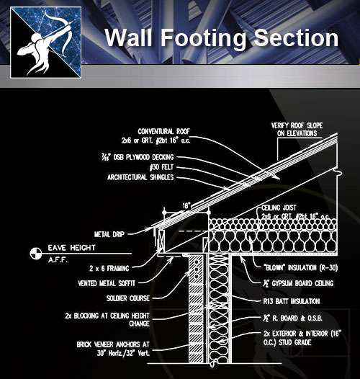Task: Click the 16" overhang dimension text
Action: pos(185,205)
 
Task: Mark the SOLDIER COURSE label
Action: pos(125,299)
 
